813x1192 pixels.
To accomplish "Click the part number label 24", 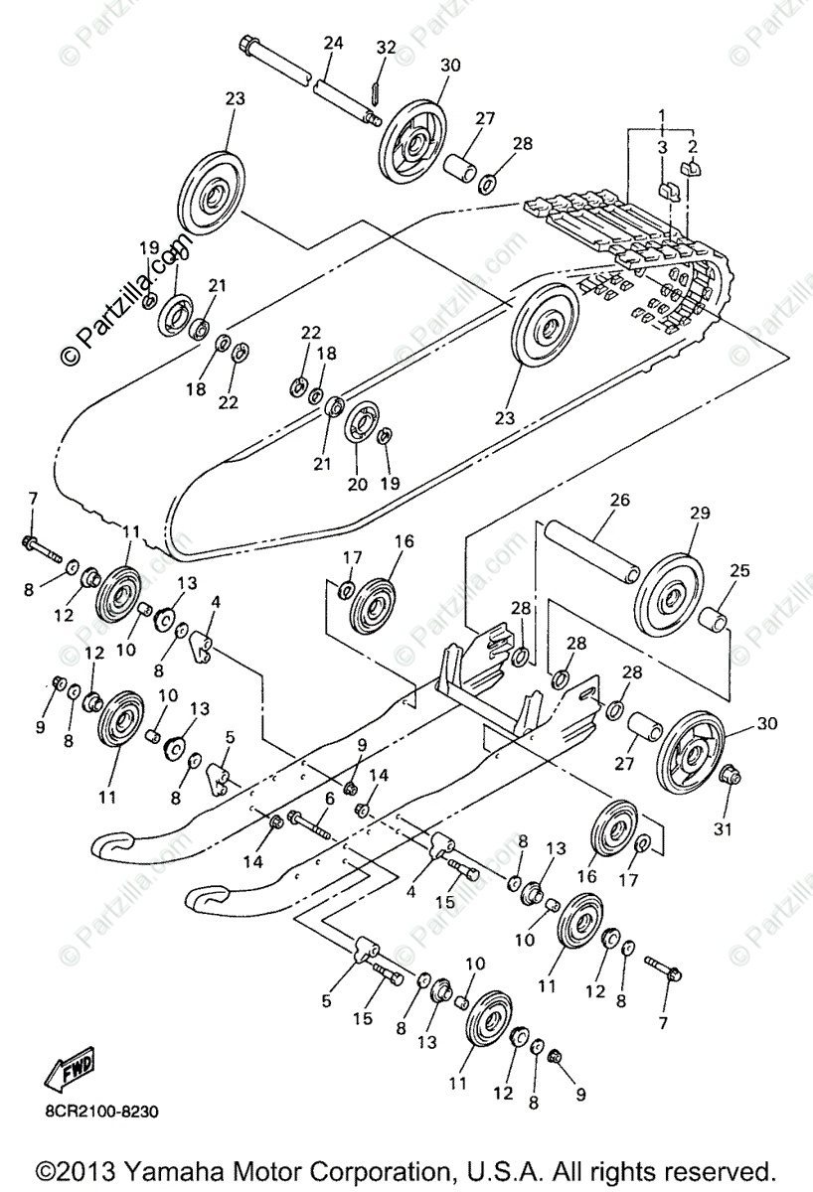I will (x=333, y=43).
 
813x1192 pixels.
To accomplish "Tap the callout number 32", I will (x=386, y=47).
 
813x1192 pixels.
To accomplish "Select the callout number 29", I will (x=700, y=513).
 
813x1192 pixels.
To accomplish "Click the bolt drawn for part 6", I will (x=312, y=822).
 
